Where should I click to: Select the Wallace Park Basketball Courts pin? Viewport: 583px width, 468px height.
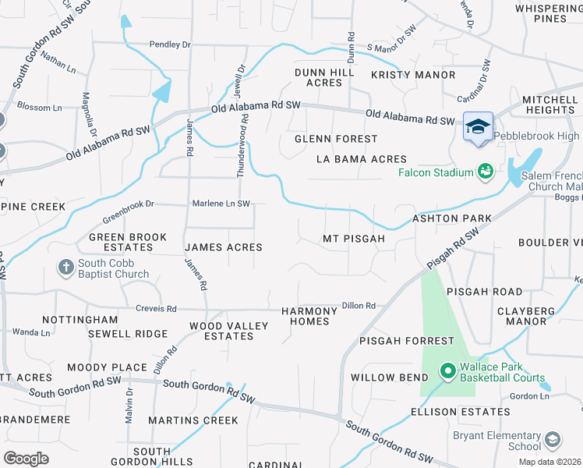[447, 371]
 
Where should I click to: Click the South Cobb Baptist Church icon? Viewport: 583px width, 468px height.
[66, 268]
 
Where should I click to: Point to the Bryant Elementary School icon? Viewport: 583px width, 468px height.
[553, 441]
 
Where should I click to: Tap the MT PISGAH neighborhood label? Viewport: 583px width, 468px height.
[354, 239]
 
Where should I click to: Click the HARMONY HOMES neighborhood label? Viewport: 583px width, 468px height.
[309, 316]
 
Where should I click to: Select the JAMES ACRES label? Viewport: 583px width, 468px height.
[223, 247]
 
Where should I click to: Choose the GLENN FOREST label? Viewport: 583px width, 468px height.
[336, 139]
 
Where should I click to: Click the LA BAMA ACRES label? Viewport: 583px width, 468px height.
[362, 159]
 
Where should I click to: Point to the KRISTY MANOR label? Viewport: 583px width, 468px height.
[412, 75]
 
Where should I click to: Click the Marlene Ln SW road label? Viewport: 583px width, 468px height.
[221, 204]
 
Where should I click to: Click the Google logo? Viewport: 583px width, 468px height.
[26, 458]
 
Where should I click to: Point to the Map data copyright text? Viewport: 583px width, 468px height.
[550, 462]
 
